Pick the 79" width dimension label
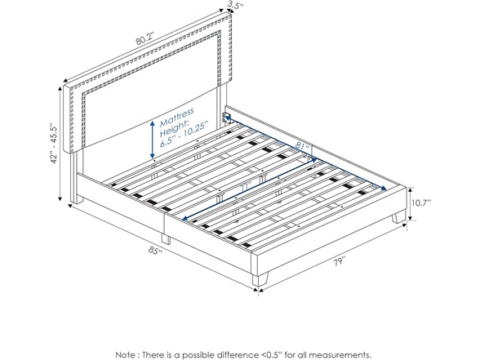pos(338,262)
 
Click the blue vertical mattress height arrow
pos(151,138)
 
